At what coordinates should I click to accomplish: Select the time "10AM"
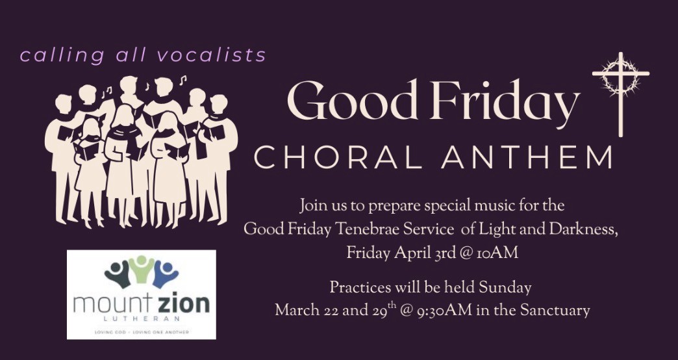pos(499,253)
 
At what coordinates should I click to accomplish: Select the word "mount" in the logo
pos(114,304)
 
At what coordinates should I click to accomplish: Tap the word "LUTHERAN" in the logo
pos(142,320)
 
